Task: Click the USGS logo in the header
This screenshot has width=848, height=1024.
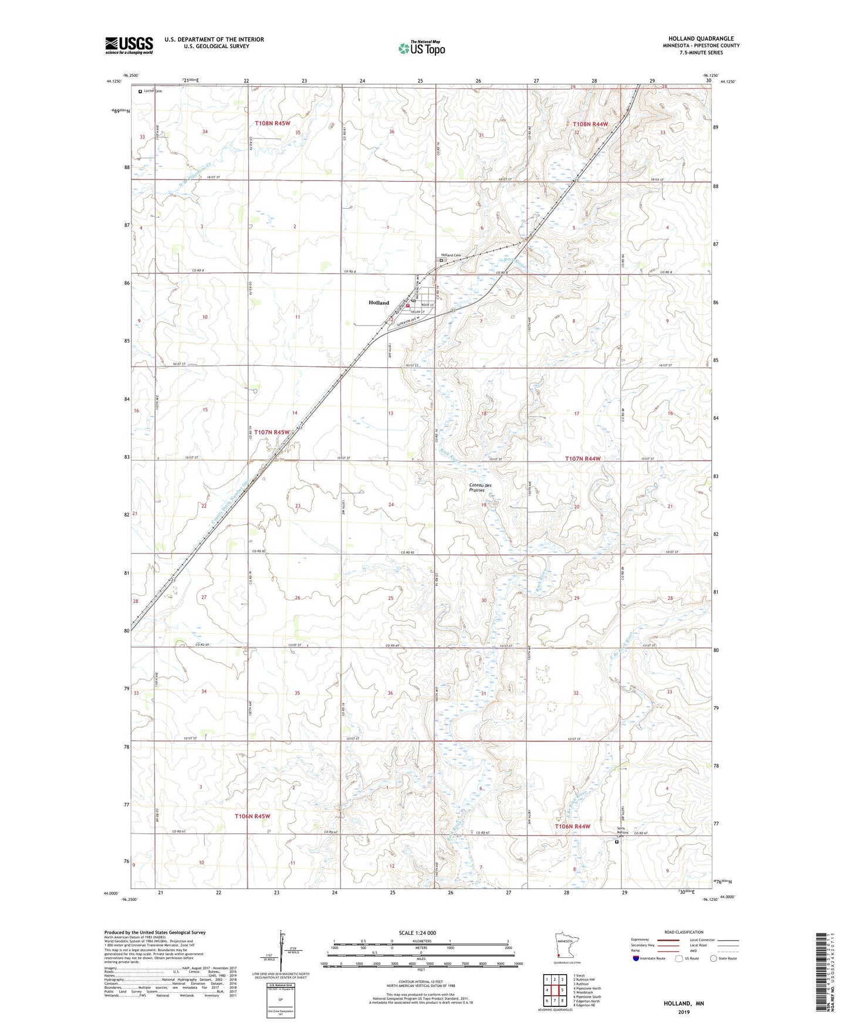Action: coord(129,45)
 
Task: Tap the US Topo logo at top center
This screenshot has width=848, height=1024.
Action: coord(421,48)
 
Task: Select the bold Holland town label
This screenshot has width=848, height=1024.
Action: coord(379,303)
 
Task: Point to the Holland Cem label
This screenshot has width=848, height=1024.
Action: coord(451,255)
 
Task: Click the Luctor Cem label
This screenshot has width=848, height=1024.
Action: coord(153,91)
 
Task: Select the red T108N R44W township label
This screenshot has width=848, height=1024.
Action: coord(590,124)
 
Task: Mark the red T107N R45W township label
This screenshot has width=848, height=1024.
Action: coord(272,432)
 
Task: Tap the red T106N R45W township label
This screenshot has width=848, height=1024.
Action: coord(252,816)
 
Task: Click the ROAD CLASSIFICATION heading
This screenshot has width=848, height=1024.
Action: coord(684,932)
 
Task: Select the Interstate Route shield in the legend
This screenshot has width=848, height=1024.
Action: coord(636,958)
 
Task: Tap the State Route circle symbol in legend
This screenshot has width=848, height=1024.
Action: coord(713,958)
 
